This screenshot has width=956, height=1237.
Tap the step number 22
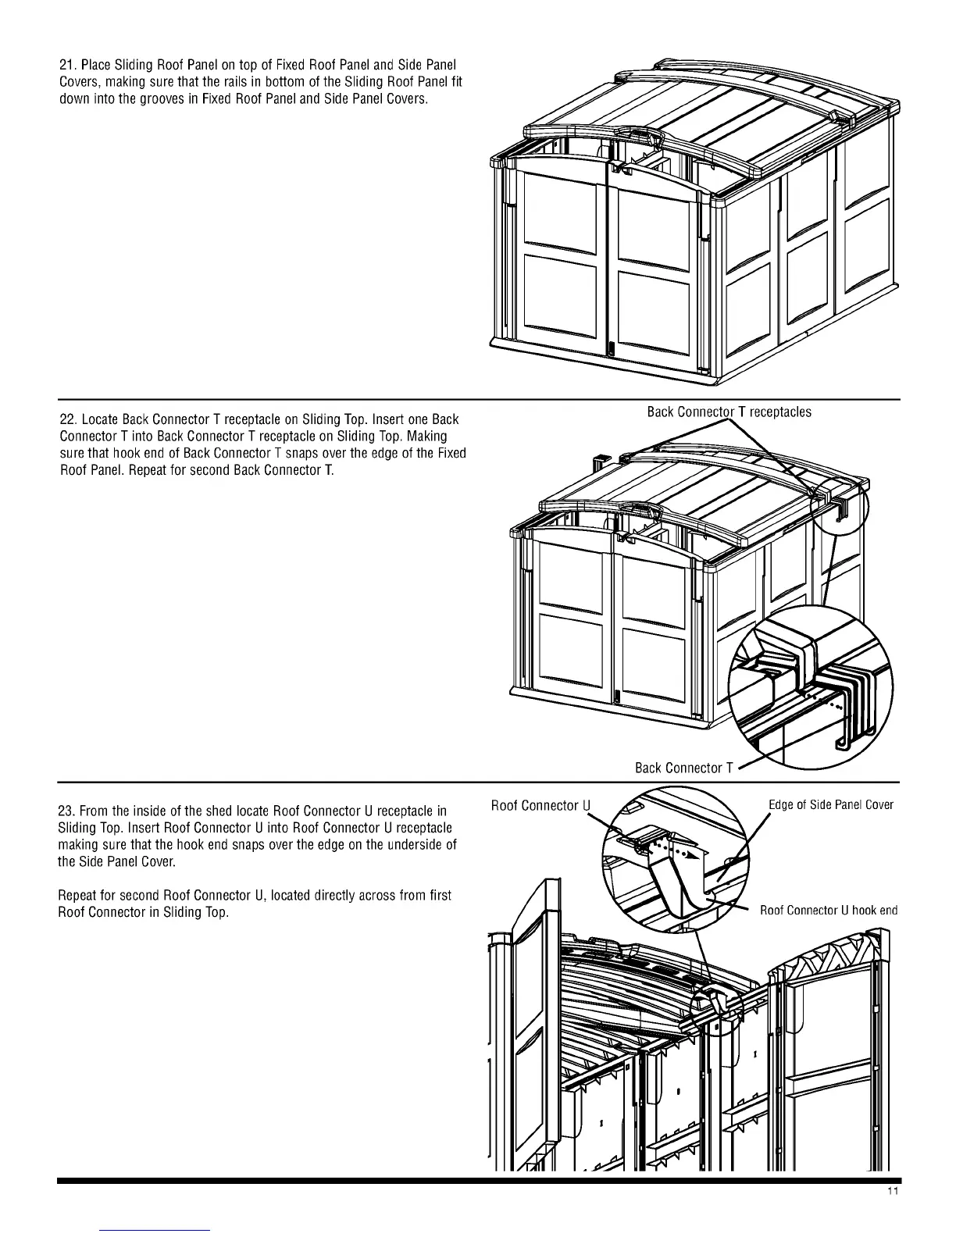[x=67, y=420]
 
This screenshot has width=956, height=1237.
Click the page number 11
[x=893, y=1213]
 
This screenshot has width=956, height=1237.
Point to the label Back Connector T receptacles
[x=729, y=412]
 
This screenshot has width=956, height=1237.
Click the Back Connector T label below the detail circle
[x=683, y=768]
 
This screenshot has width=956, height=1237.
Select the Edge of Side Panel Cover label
[x=830, y=805]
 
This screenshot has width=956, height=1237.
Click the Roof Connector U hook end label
[x=828, y=910]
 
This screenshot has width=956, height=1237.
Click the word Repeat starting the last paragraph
[x=77, y=895]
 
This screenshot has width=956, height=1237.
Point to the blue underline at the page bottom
[x=155, y=1230]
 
